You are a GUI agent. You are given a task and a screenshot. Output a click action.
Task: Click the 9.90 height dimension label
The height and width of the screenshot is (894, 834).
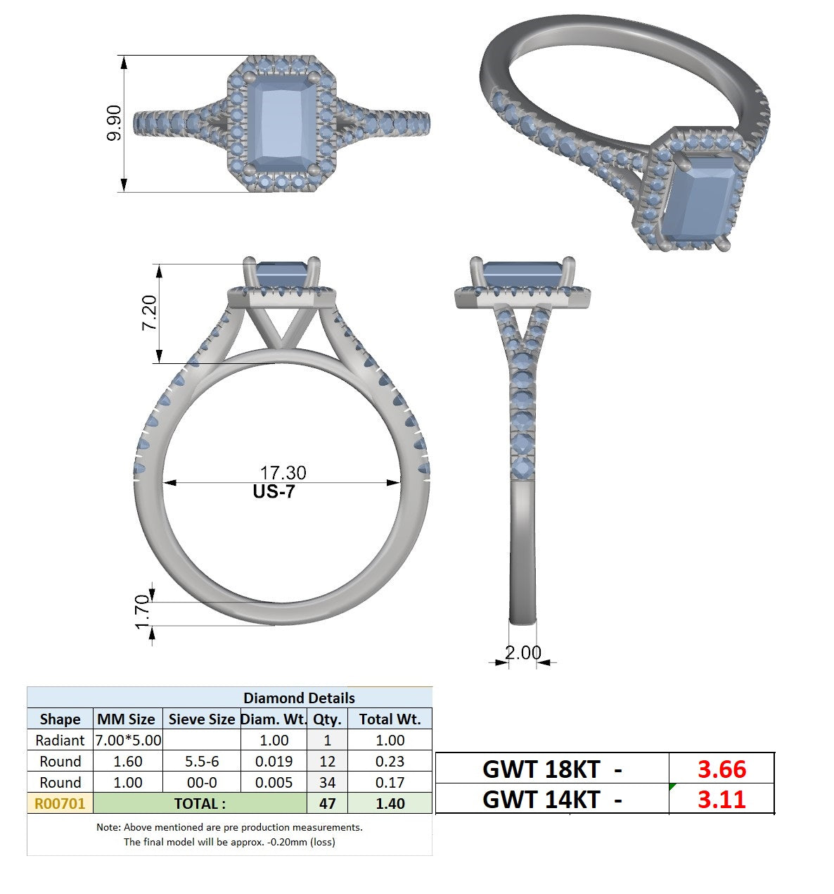pos(114,122)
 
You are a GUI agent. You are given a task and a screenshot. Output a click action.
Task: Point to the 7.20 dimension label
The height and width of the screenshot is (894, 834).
pos(148,313)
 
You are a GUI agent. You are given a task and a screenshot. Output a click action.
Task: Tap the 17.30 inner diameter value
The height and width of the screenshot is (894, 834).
pos(283,473)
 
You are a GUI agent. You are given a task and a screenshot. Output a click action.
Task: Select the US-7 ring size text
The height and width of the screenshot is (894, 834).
pos(274,491)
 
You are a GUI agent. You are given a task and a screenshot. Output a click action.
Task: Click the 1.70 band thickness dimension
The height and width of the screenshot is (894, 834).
pos(142,612)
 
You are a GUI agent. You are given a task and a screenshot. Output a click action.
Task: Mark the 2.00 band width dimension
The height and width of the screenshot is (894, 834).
pos(522,653)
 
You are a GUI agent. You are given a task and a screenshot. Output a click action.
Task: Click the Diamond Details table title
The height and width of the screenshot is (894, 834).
pos(299,698)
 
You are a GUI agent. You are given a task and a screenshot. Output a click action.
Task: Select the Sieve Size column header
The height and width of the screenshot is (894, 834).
pos(202,719)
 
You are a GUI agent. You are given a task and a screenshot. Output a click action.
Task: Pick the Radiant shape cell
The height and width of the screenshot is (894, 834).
pos(60,741)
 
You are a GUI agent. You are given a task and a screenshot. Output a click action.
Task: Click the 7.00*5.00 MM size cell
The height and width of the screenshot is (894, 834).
pos(128,741)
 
